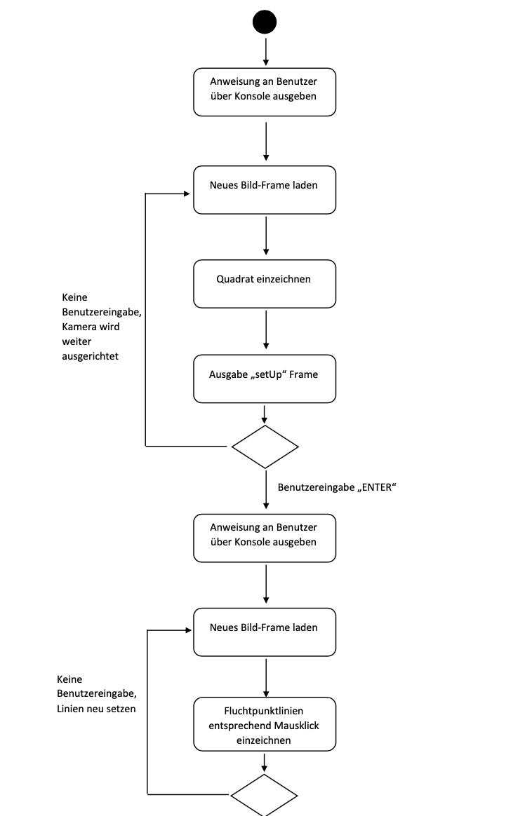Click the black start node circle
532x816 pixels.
tap(265, 22)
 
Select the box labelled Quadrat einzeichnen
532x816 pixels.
tap(265, 284)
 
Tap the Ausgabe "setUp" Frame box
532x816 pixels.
tap(265, 379)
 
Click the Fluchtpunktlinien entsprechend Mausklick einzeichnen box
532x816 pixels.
tap(265, 724)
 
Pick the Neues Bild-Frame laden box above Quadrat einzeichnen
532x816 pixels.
tap(265, 189)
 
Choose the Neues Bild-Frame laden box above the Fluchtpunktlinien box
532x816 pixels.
tap(265, 632)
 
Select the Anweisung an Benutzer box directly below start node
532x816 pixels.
tap(265, 92)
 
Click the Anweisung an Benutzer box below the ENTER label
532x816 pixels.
tap(265, 538)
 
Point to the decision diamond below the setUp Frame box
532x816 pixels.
tap(265, 447)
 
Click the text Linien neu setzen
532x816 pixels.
tap(96, 708)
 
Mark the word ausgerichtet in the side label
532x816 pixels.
tap(91, 356)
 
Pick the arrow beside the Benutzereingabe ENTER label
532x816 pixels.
tap(266, 491)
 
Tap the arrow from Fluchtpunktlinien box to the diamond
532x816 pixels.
tap(265, 762)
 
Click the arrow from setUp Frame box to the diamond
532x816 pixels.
tap(265, 414)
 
